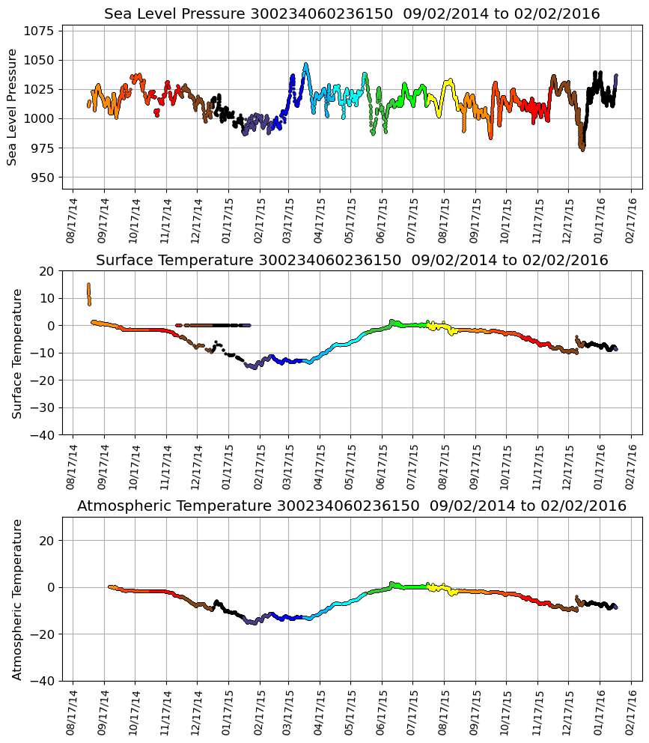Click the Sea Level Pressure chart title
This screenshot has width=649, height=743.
[352, 14]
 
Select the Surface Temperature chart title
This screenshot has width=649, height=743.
[352, 261]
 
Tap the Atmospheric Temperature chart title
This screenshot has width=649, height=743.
[352, 506]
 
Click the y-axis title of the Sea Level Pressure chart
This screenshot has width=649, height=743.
[13, 107]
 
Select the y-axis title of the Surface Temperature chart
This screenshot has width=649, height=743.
[17, 353]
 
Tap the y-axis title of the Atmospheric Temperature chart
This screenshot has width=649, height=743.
[17, 599]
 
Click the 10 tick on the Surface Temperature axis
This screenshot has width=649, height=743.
[48, 298]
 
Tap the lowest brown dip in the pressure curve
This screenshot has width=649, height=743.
[582, 148]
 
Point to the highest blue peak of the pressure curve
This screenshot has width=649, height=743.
[305, 65]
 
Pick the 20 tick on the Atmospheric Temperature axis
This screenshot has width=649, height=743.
[48, 540]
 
